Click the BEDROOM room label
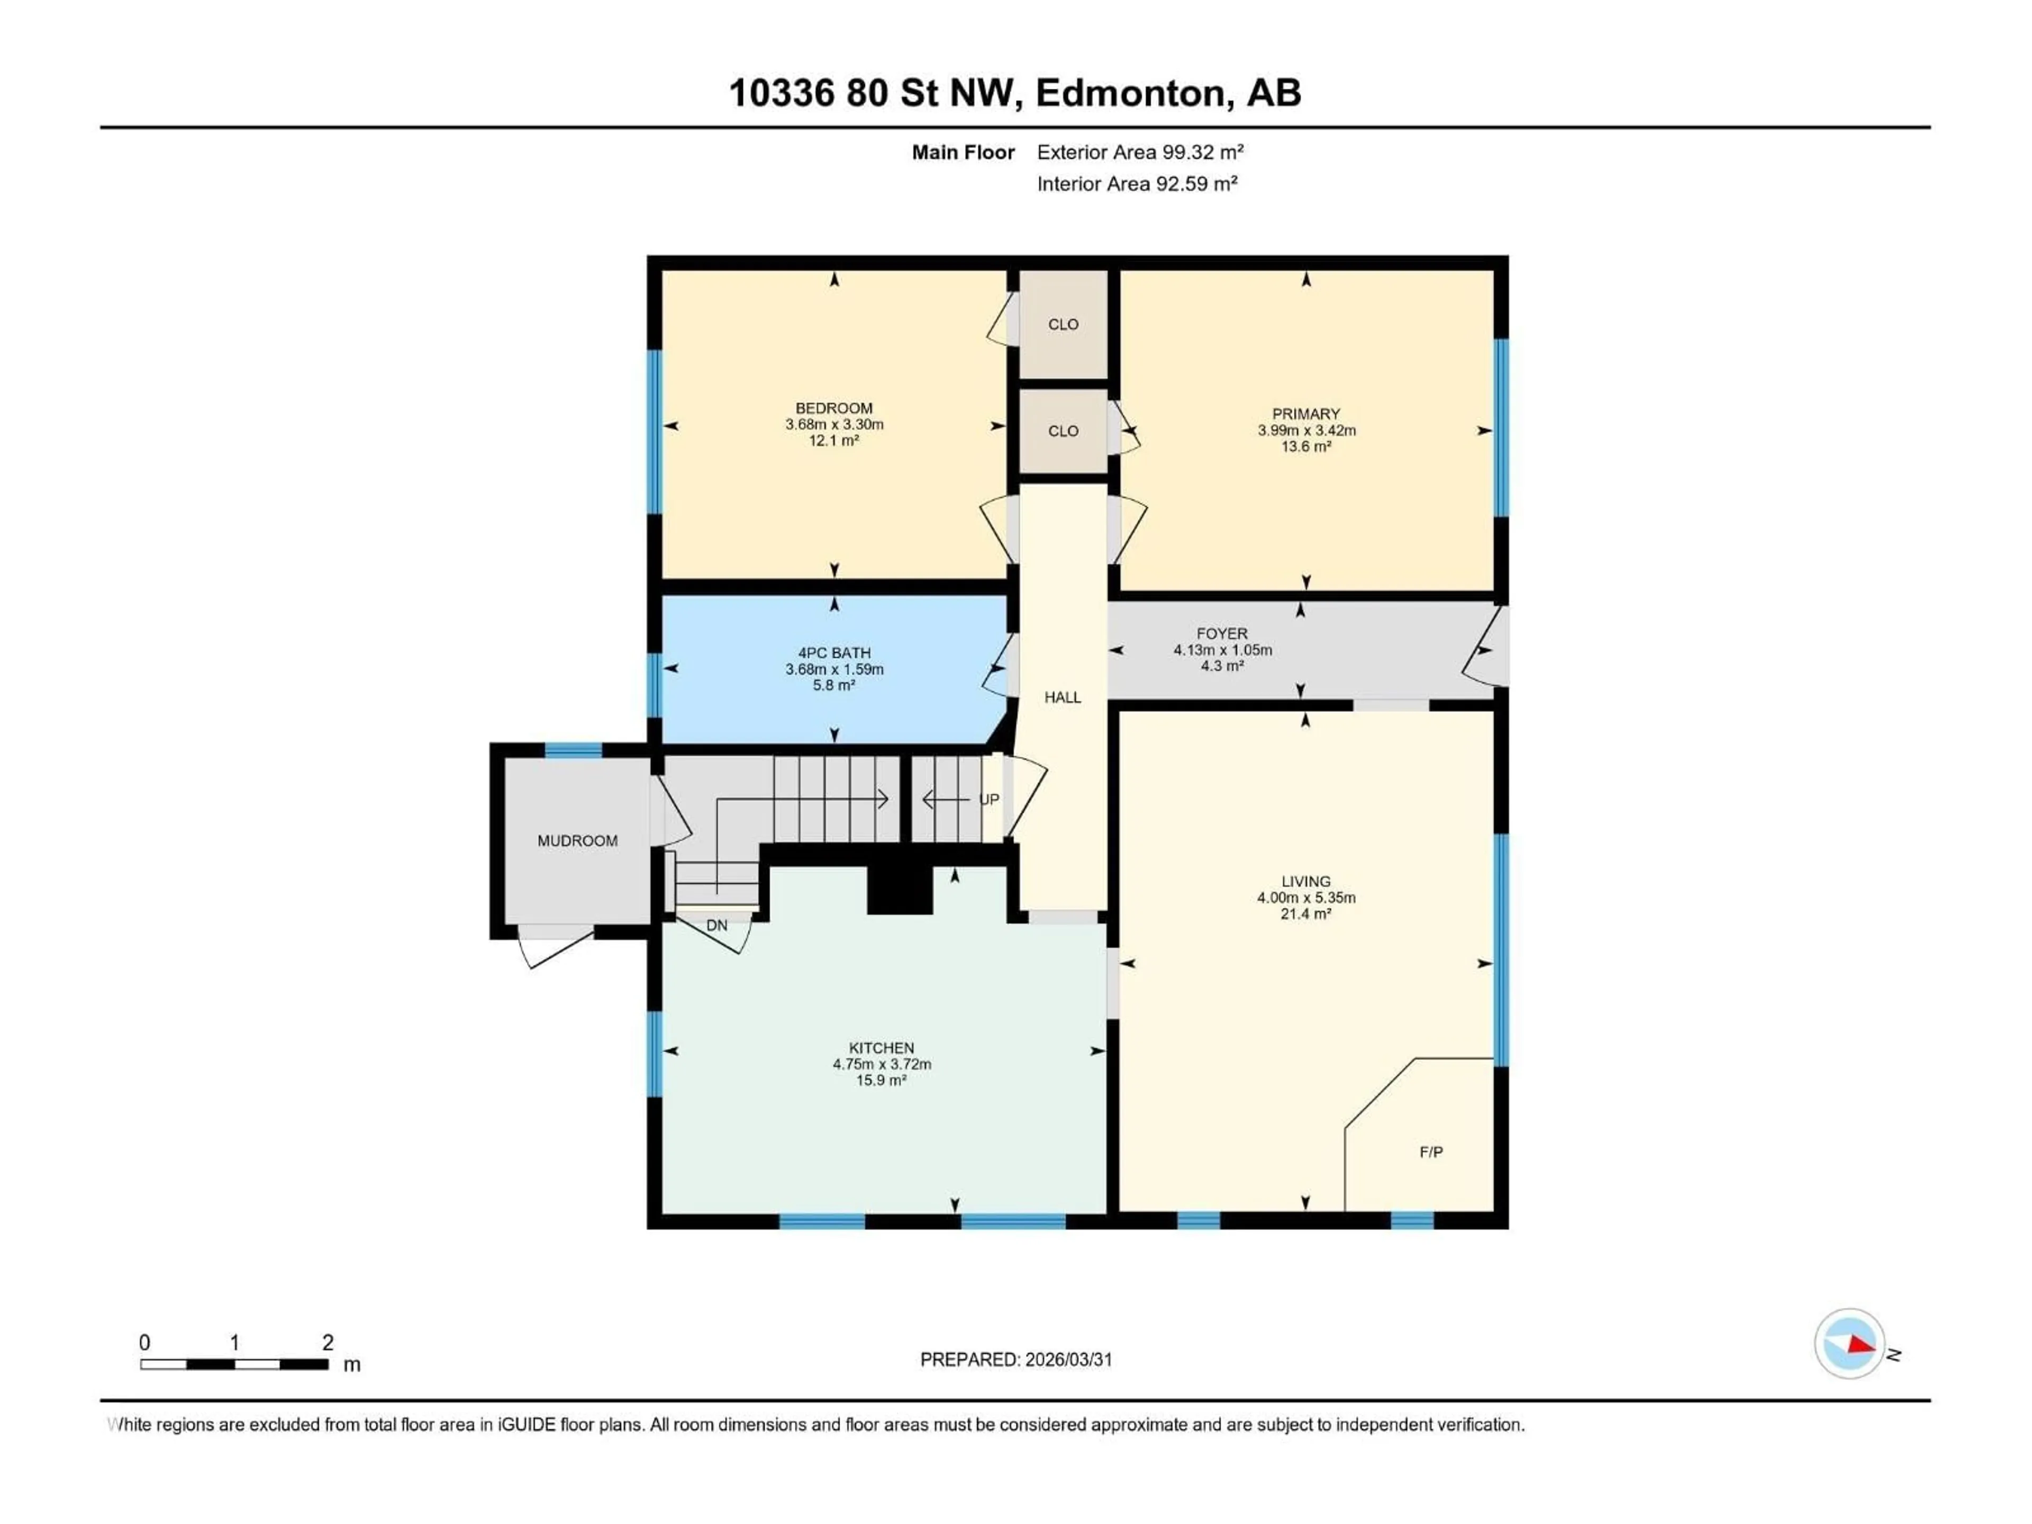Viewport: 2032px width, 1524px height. point(833,408)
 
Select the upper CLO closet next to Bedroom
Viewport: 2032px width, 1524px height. point(1063,324)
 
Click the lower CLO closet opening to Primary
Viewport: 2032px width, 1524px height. point(1063,431)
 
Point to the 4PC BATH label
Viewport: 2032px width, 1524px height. point(833,653)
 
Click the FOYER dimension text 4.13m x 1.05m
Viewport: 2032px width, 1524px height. point(1222,649)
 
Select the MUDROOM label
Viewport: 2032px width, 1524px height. point(577,840)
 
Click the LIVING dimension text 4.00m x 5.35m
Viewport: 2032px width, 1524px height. point(1305,897)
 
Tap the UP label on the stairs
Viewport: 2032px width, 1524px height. point(988,799)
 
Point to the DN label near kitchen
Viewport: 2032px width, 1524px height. point(716,925)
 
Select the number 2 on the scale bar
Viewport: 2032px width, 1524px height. point(328,1342)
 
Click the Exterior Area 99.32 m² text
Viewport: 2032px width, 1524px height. point(1140,152)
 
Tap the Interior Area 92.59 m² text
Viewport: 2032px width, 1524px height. point(1136,184)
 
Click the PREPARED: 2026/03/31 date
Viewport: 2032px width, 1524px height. point(1016,1359)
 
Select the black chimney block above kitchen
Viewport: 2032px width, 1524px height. point(900,889)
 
